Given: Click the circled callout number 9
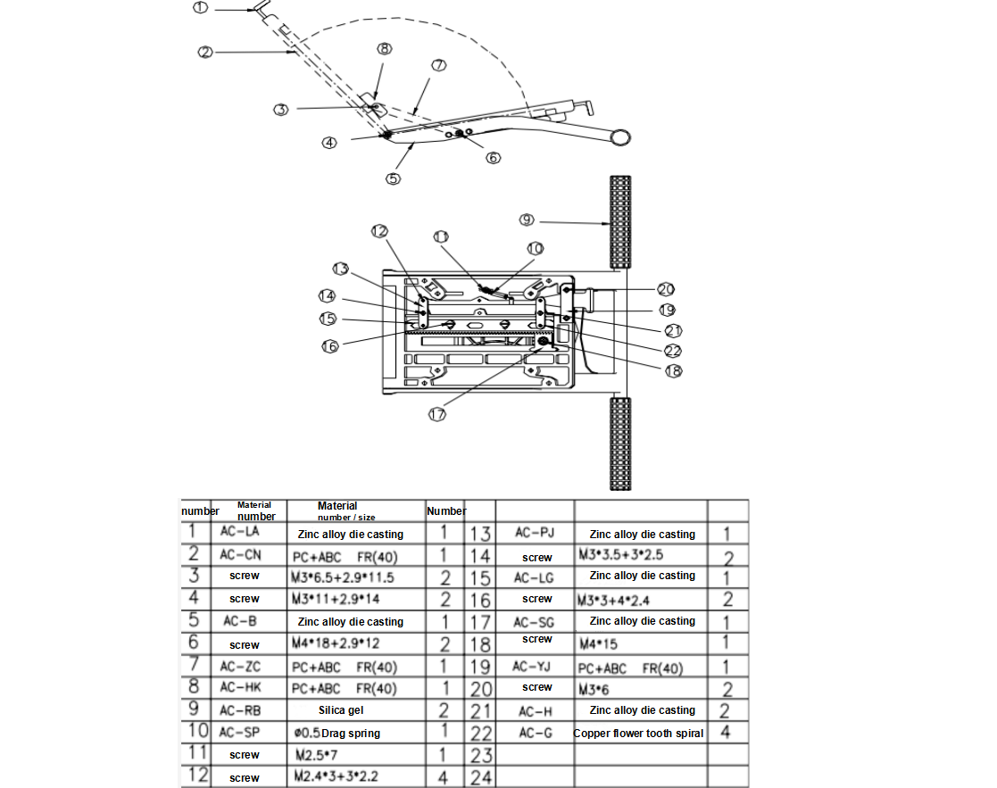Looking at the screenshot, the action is pyautogui.click(x=527, y=220).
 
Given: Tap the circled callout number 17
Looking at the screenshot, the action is pyautogui.click(x=436, y=414).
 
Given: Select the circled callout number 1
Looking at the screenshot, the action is pyautogui.click(x=200, y=8).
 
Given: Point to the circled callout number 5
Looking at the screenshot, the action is pyautogui.click(x=393, y=178).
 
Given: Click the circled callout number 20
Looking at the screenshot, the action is pyautogui.click(x=666, y=289).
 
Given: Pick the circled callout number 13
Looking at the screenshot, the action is pyautogui.click(x=341, y=269).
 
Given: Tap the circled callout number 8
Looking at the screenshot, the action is pyautogui.click(x=384, y=49).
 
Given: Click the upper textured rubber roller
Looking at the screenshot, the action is pyautogui.click(x=620, y=222).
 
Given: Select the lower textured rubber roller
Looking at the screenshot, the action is pyautogui.click(x=620, y=444).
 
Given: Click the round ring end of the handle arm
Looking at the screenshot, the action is pyautogui.click(x=620, y=137).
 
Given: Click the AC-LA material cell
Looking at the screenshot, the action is pyautogui.click(x=240, y=531).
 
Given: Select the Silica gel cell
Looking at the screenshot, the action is pyautogui.click(x=341, y=709).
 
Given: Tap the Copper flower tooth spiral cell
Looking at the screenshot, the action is pyautogui.click(x=638, y=733).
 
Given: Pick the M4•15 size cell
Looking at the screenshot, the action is pyautogui.click(x=598, y=643).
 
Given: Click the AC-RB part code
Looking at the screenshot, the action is pyautogui.click(x=240, y=710).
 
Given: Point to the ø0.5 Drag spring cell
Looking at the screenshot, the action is pyautogui.click(x=337, y=733).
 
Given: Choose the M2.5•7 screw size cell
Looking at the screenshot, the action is pyautogui.click(x=316, y=755).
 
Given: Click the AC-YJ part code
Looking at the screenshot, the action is pyautogui.click(x=531, y=666).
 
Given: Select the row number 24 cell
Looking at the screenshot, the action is pyautogui.click(x=481, y=777).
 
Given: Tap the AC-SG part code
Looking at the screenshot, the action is pyautogui.click(x=534, y=622).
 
